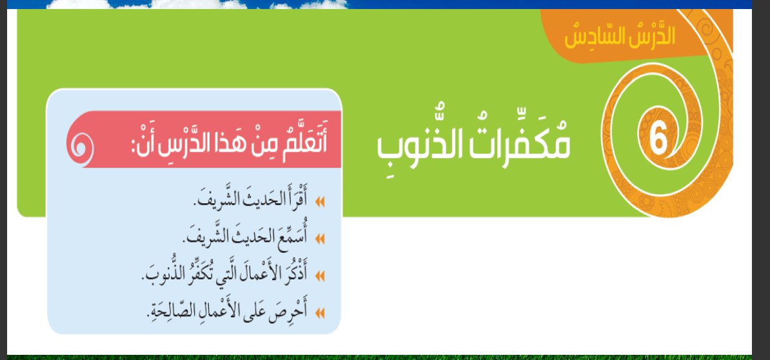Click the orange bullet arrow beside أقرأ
[321, 202]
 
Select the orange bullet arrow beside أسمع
[321, 239]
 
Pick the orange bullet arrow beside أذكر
[321, 275]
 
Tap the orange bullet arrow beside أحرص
[321, 312]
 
